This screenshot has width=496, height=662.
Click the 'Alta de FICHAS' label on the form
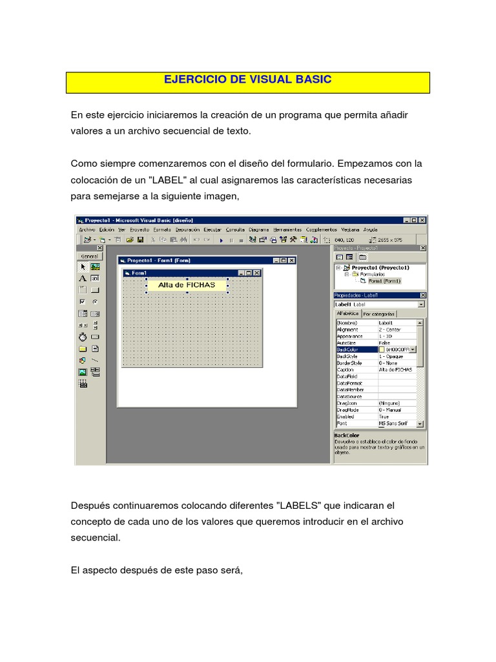(187, 284)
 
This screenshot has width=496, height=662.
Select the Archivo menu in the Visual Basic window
(87, 230)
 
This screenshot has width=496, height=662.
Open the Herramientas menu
(287, 230)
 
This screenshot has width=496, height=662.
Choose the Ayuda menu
(370, 230)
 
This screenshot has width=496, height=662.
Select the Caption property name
(346, 369)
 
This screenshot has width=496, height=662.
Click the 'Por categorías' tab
(379, 314)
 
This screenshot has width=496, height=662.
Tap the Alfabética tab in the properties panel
(347, 314)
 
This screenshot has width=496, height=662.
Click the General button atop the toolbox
(90, 256)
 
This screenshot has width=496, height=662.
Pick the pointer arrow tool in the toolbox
(82, 267)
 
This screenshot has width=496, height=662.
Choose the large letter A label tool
(82, 278)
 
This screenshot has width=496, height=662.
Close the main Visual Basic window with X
(422, 220)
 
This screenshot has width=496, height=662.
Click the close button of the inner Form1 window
(257, 273)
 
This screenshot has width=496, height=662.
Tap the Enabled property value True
(385, 417)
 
